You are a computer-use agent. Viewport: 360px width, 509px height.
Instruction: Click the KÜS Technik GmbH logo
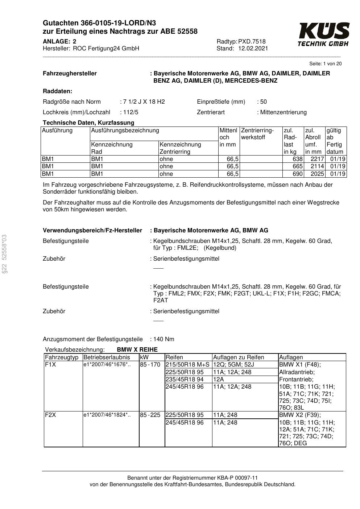point(323,34)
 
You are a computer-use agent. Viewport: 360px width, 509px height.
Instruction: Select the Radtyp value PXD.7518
point(252,41)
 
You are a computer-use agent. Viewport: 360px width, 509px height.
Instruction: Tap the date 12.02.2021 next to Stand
point(253,48)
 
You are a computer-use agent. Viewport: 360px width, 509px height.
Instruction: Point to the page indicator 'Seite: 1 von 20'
point(325,64)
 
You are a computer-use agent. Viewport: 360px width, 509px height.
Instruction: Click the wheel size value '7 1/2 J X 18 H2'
point(144,102)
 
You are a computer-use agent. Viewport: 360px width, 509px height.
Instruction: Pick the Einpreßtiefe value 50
point(264,102)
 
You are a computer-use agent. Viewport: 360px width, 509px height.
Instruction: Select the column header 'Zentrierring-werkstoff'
point(257,134)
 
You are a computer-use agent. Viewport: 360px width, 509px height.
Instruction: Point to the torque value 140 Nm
point(164,339)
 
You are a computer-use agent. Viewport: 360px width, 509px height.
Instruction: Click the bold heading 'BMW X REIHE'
point(137,349)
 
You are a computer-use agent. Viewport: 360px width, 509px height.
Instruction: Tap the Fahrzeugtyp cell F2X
point(50,415)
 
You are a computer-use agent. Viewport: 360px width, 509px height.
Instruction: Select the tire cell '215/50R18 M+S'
point(187,364)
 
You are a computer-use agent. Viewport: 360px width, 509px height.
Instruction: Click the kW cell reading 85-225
point(150,415)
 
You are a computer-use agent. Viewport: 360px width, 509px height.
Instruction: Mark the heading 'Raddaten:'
point(57,91)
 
